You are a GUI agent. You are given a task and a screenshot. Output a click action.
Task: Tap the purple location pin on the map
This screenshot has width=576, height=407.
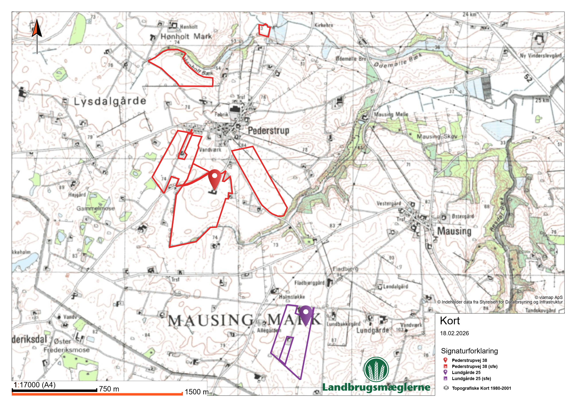pyautogui.click(x=306, y=315)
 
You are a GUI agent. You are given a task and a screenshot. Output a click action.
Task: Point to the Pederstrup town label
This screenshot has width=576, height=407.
pyautogui.click(x=269, y=131)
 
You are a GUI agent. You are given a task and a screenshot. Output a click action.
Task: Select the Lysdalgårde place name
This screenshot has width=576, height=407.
pyautogui.click(x=110, y=102)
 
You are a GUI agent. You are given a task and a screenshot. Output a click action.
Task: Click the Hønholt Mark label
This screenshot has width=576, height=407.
pyautogui.click(x=186, y=37)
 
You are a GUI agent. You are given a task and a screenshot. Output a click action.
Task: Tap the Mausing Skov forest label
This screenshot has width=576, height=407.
pyautogui.click(x=437, y=136)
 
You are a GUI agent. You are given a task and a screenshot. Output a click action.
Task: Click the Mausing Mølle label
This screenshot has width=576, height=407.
pyautogui.click(x=391, y=114)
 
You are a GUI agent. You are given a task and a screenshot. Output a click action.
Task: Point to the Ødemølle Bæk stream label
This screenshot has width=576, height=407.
pyautogui.click(x=398, y=61)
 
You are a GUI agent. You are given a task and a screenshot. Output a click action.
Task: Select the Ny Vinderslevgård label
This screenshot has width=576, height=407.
pyautogui.click(x=540, y=56)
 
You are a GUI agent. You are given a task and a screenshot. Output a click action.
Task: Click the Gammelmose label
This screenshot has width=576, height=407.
pyautogui.click(x=95, y=208)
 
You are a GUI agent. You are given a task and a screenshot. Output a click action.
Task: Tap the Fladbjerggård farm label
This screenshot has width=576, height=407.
pyautogui.click(x=309, y=283)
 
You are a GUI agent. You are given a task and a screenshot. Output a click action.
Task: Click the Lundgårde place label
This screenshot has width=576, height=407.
pyautogui.click(x=373, y=330)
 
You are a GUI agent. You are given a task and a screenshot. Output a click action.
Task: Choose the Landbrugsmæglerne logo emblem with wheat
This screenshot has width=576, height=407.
pyautogui.click(x=376, y=369)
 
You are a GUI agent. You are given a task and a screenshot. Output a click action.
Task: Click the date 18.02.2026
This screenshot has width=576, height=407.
pyautogui.click(x=454, y=333)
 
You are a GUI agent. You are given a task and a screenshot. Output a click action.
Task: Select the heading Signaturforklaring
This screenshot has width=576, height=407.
pyautogui.click(x=469, y=351)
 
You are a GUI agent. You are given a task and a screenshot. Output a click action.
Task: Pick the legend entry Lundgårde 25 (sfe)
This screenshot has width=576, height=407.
pyautogui.click(x=471, y=378)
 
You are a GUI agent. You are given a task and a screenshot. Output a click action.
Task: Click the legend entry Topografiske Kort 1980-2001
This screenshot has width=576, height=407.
pyautogui.click(x=481, y=388)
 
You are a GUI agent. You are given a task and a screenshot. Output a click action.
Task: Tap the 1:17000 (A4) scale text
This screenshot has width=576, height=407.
pyautogui.click(x=35, y=385)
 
